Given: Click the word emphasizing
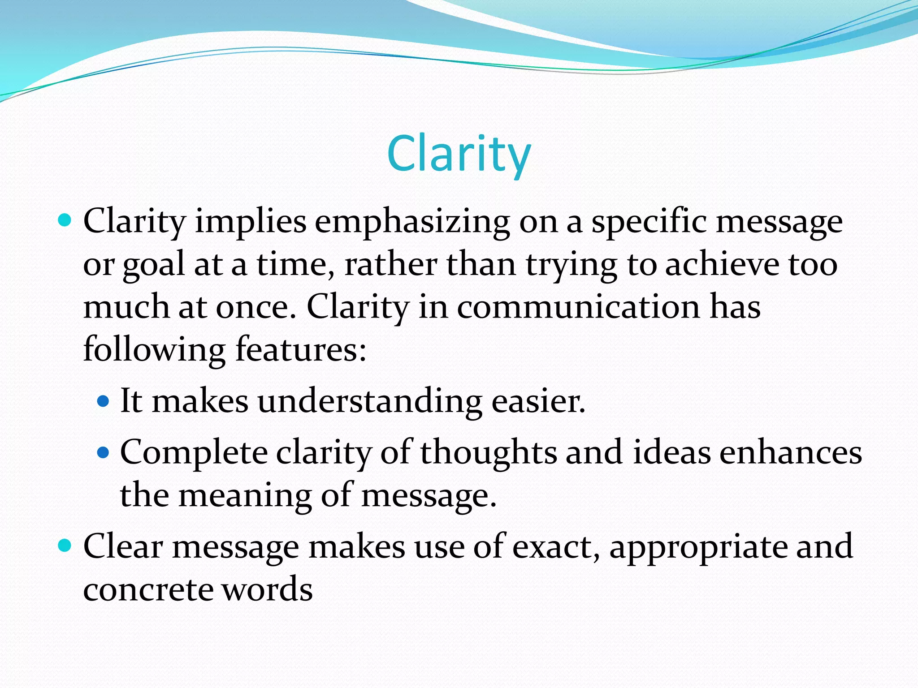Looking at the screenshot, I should click(412, 222).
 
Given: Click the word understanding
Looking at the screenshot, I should click(370, 401).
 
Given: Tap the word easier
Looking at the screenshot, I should click(538, 401).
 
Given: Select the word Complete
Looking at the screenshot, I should click(194, 453).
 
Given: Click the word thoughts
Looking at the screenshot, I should click(488, 453).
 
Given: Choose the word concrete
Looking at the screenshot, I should click(148, 589).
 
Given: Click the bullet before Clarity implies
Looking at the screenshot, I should click(65, 220).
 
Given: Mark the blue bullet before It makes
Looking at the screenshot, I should click(103, 400).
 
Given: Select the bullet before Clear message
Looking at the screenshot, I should click(65, 546).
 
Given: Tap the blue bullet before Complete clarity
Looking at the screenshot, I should click(103, 452).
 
